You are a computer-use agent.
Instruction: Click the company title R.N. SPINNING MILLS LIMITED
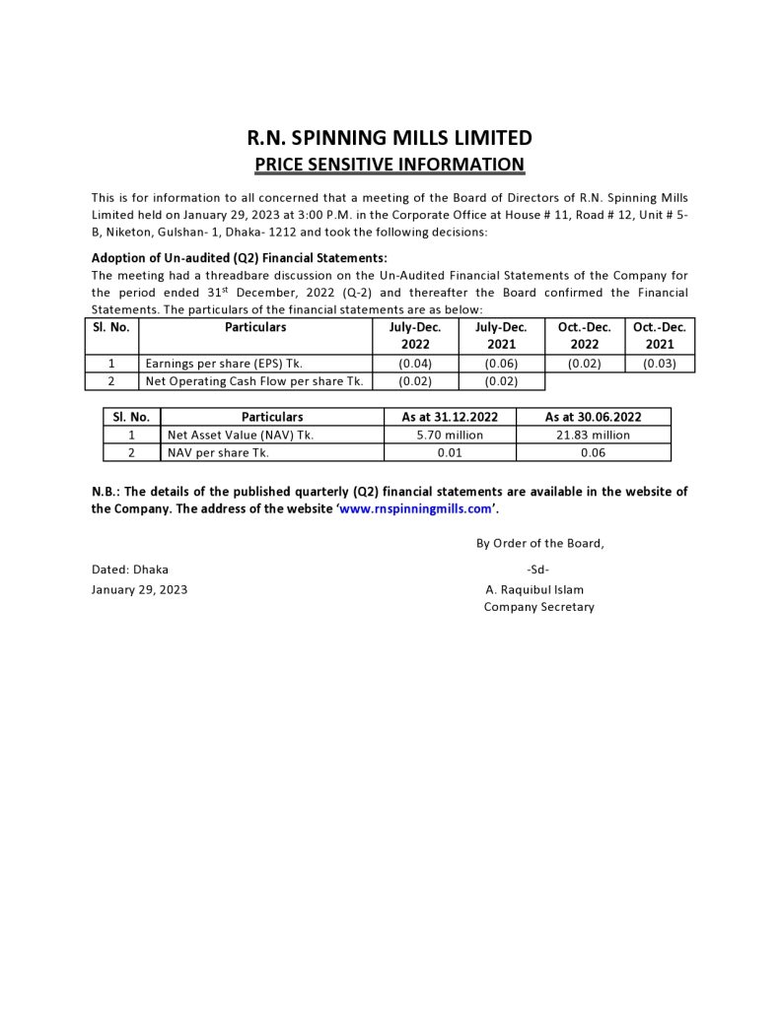390,138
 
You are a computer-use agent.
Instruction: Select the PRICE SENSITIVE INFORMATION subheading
390,164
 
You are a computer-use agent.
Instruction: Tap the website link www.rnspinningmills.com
415,509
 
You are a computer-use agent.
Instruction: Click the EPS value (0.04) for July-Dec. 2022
415,364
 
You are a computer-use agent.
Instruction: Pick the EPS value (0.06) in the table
501,364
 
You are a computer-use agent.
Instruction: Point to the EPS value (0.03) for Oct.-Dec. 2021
660,364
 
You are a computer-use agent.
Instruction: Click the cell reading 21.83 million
594,435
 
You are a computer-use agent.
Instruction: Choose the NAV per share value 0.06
594,452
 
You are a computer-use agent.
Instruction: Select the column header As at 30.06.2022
594,417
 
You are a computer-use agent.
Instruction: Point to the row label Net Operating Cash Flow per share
254,381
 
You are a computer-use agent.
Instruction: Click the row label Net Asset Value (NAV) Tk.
241,435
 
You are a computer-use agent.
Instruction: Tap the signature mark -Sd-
538,570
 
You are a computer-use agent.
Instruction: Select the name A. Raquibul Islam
534,589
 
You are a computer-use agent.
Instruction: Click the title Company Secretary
538,607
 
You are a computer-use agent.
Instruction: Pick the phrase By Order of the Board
540,543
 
